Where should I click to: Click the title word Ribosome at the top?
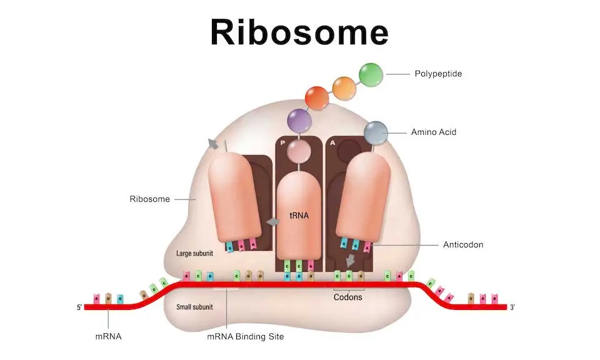299,31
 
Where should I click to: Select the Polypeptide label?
438,74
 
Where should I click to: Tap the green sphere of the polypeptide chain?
371,74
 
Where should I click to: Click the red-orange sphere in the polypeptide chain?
317,98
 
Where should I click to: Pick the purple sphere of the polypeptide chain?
298,119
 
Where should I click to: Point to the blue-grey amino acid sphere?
376,132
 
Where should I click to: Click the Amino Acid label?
434,132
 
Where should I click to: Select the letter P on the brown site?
282,142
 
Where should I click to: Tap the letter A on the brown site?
332,142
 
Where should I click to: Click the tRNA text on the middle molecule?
298,215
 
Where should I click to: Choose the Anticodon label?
463,244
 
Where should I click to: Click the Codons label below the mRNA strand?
348,297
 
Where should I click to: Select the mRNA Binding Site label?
245,337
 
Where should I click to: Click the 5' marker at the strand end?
78,307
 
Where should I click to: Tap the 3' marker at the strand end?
512,307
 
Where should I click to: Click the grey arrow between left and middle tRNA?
272,222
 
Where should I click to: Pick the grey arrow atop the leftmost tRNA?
214,144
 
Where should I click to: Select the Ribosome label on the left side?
149,199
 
